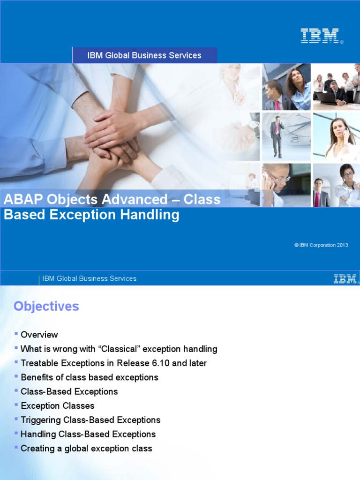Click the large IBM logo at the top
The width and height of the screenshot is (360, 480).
(320, 36)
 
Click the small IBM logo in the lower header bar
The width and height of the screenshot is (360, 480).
(345, 278)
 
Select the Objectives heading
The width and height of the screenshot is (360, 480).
(46, 307)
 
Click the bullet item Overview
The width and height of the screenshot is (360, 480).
(39, 335)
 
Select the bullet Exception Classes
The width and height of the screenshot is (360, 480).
(58, 406)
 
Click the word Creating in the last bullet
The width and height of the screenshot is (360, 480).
(37, 449)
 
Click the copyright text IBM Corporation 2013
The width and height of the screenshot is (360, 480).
(321, 245)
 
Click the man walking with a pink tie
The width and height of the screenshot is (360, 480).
(277, 136)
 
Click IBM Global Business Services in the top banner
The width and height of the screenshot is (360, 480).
(144, 55)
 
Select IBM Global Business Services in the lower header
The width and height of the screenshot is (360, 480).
(90, 278)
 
